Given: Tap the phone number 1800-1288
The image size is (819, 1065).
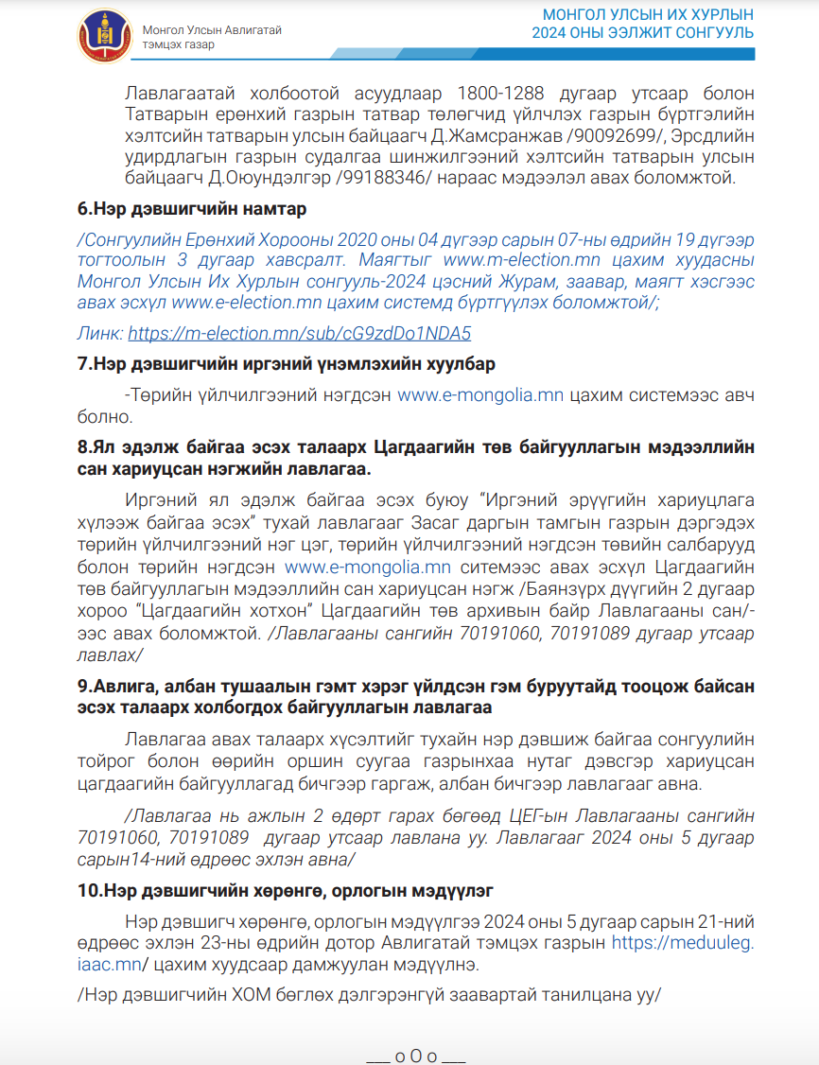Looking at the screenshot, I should (500, 94).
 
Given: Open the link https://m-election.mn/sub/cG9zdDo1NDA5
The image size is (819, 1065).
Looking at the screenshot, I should (299, 333).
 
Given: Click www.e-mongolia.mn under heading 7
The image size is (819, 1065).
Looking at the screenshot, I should (480, 395).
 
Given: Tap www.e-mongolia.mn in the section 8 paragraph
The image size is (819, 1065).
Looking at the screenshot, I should (368, 567).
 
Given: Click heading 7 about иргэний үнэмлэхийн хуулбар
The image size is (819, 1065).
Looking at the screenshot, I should (286, 364).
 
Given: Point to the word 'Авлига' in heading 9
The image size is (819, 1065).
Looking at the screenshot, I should (121, 686).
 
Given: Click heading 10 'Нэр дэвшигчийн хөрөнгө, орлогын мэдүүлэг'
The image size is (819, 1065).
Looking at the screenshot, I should (286, 890).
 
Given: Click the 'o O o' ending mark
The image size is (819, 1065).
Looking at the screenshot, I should (415, 1056).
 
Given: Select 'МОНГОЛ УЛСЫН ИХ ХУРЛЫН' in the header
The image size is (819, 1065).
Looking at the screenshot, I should (648, 16).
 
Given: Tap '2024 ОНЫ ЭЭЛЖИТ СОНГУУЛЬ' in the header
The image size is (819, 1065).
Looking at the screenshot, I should (642, 34).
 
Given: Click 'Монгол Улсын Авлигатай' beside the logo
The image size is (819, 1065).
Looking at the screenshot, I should (212, 30).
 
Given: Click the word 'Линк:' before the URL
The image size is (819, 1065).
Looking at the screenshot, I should (99, 333).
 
